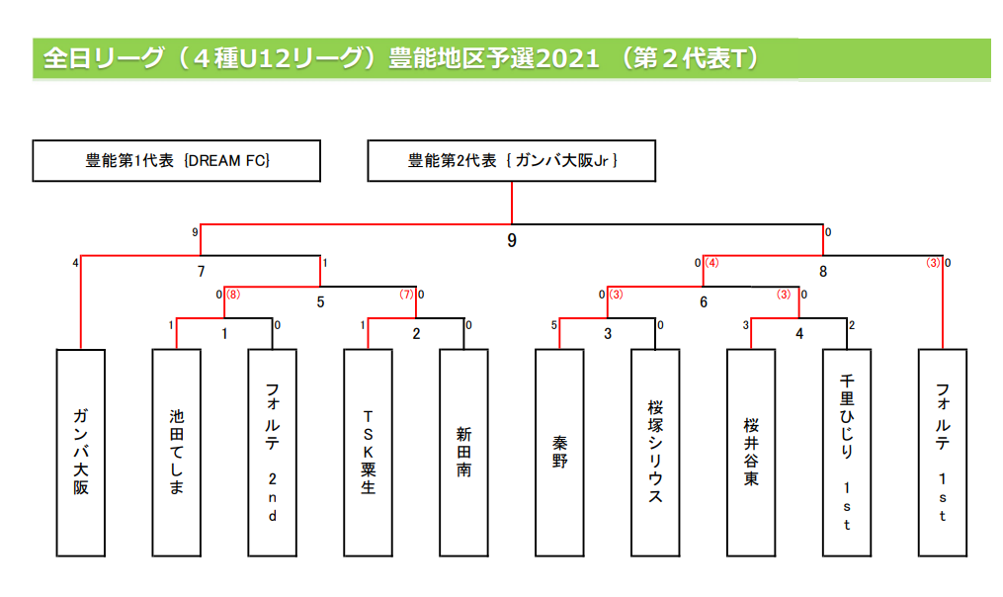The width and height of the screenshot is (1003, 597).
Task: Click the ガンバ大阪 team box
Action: pyautogui.click(x=81, y=452)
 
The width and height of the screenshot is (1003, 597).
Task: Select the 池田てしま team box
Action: pyautogui.click(x=177, y=452)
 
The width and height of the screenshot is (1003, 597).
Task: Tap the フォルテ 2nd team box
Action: pyautogui.click(x=273, y=452)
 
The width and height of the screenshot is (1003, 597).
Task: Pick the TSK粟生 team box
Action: pyautogui.click(x=369, y=452)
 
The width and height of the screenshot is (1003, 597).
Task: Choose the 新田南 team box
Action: pyautogui.click(x=464, y=452)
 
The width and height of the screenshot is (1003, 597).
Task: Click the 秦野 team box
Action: pyautogui.click(x=560, y=452)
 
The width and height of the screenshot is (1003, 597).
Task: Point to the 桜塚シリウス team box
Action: pyautogui.click(x=655, y=452)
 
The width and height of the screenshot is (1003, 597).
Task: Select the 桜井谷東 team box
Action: pyautogui.click(x=751, y=452)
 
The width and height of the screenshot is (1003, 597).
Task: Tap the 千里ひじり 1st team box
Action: pyautogui.click(x=847, y=452)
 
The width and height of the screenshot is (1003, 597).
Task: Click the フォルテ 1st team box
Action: pyautogui.click(x=943, y=452)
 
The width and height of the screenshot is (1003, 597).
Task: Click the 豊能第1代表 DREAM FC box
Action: pyautogui.click(x=177, y=160)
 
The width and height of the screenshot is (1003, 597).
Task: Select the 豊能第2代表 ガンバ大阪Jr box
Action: pyautogui.click(x=512, y=160)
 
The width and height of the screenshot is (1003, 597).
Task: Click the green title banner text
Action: pyautogui.click(x=401, y=58)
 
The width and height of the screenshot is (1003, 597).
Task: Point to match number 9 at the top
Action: pyautogui.click(x=512, y=239)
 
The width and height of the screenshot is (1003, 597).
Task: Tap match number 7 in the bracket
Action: pyautogui.click(x=201, y=270)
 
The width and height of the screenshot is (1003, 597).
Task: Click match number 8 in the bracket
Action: pyautogui.click(x=822, y=270)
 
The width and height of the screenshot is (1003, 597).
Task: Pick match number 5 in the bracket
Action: pyautogui.click(x=320, y=301)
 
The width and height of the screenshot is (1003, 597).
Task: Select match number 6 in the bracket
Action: pyautogui.click(x=704, y=301)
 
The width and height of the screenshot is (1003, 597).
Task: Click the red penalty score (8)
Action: pyautogui.click(x=233, y=294)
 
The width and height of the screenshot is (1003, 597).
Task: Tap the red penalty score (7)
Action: pyautogui.click(x=405, y=294)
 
